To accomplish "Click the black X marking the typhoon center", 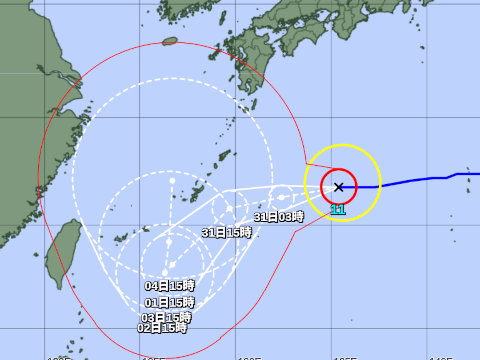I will click(339, 187).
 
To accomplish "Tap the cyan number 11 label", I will click(338, 210).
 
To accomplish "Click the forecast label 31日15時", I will click(226, 232).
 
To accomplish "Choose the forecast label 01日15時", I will click(169, 302).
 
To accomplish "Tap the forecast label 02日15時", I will click(163, 327).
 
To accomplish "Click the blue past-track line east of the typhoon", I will click(420, 180).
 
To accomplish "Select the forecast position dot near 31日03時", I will click(281, 197).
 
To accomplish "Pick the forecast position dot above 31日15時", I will click(229, 209).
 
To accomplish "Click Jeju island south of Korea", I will click(170, 42).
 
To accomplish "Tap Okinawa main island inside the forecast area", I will click(199, 190).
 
